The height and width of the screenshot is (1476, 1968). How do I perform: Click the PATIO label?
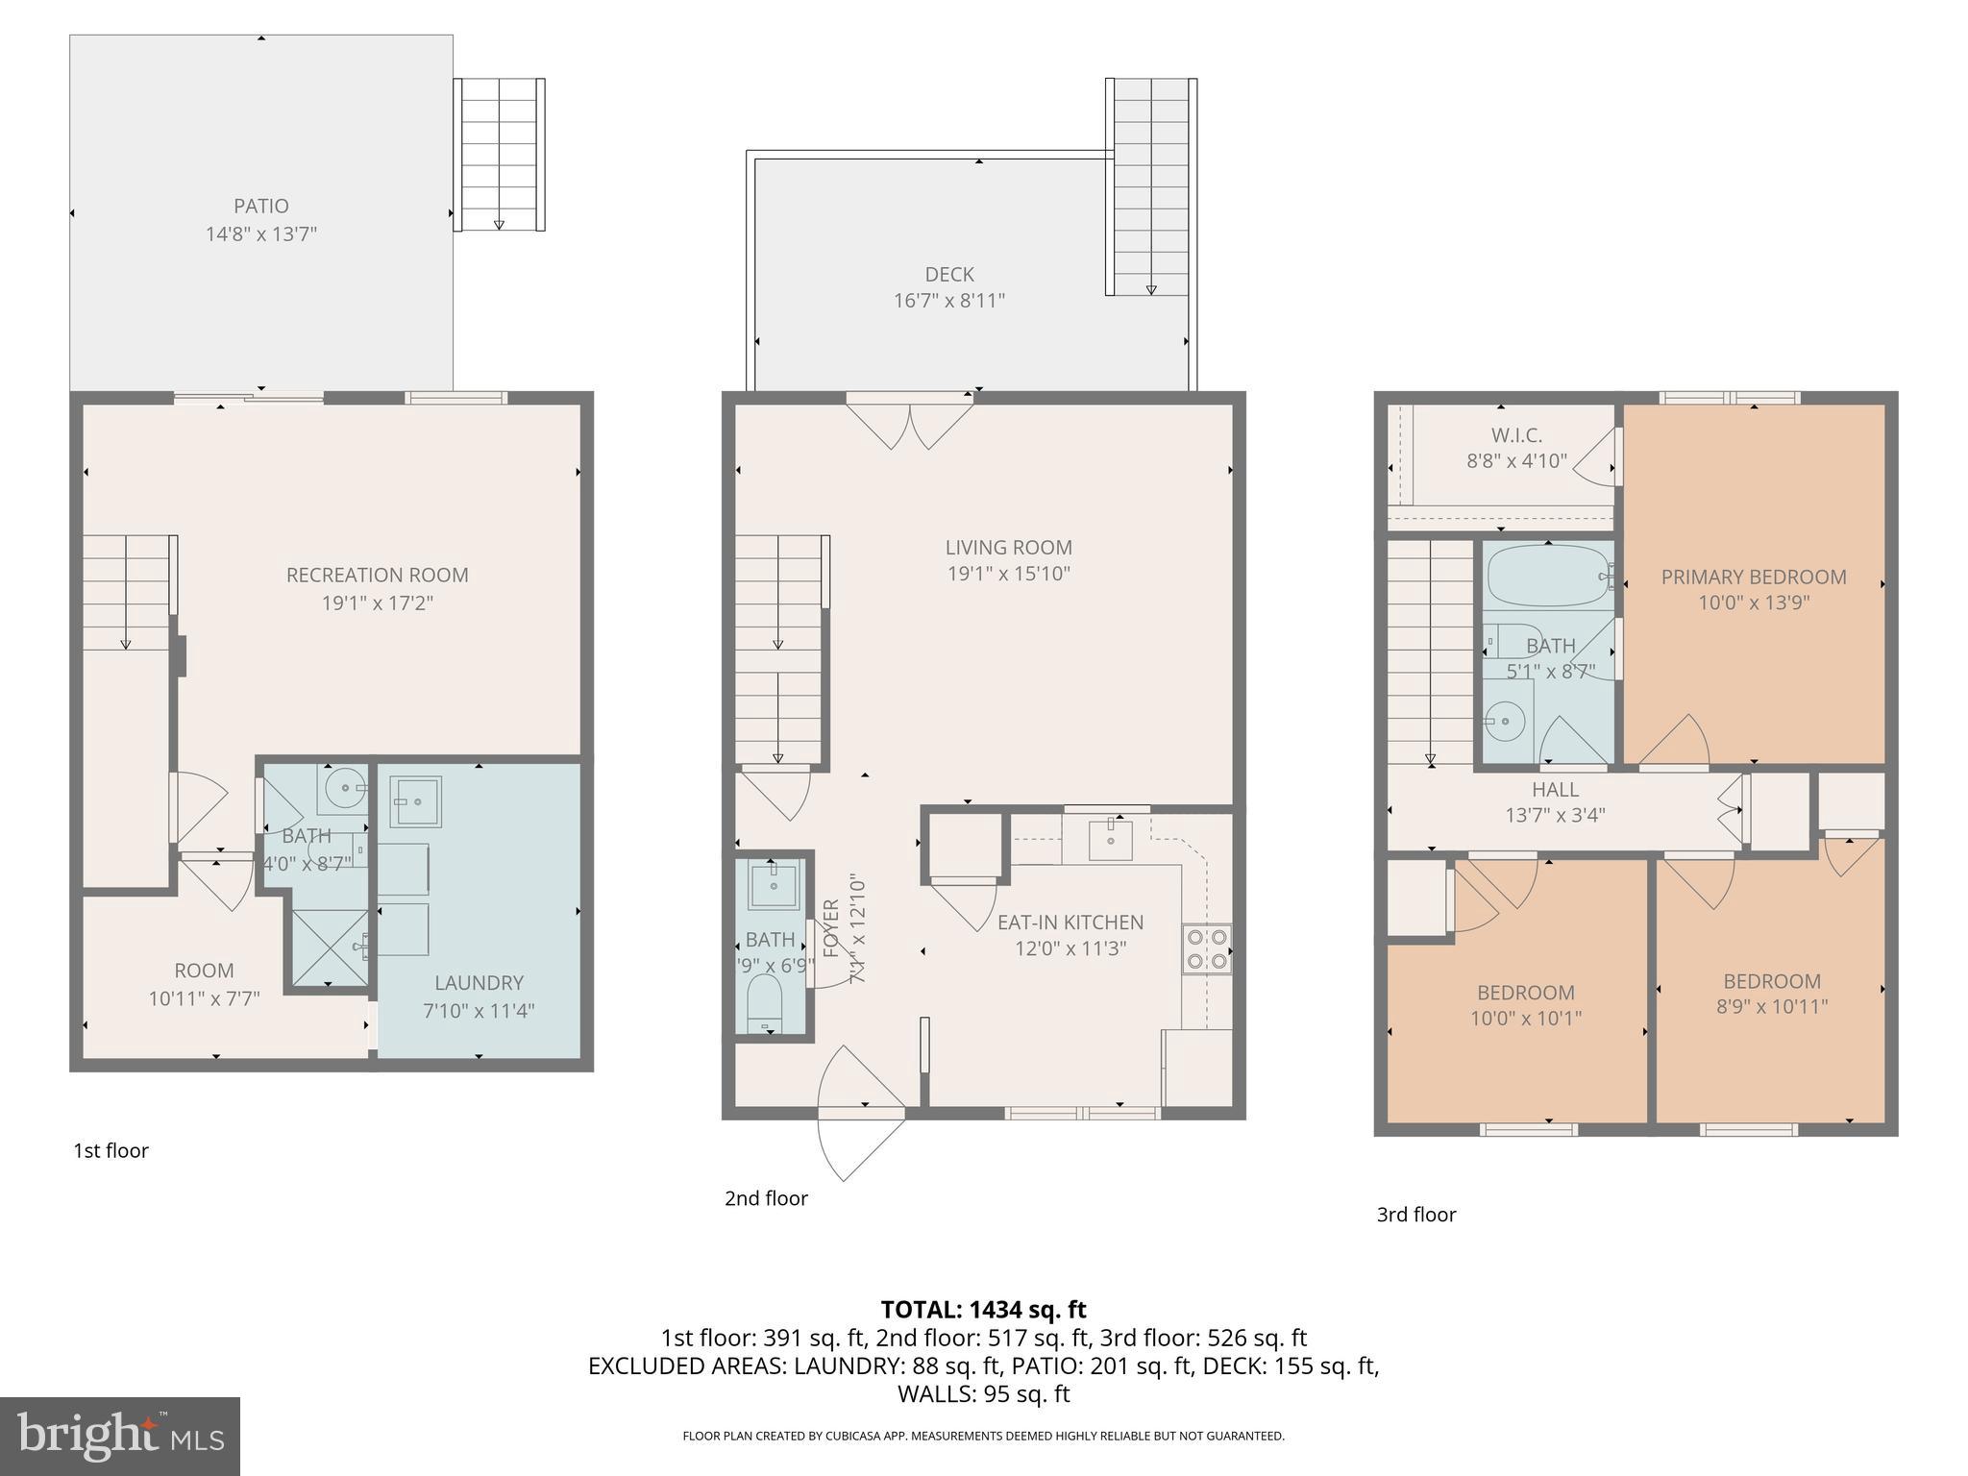(260, 206)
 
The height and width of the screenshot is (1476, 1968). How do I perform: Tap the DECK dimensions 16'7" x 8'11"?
(948, 301)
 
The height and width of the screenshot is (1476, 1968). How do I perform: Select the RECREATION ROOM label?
(377, 575)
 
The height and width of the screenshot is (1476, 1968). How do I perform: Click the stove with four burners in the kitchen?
(1207, 948)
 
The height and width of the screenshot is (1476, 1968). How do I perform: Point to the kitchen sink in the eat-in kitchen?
(1111, 840)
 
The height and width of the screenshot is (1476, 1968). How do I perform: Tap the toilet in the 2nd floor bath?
(766, 1003)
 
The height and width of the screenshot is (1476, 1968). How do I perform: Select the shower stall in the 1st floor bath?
(329, 947)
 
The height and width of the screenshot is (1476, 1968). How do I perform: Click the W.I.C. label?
(1516, 435)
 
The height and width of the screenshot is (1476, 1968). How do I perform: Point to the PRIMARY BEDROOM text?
(1753, 577)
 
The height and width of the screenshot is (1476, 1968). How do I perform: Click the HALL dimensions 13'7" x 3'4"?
(1554, 815)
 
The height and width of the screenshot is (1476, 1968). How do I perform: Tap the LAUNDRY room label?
(479, 982)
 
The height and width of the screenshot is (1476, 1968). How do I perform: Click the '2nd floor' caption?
(766, 1197)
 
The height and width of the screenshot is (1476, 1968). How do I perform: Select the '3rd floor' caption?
(1415, 1214)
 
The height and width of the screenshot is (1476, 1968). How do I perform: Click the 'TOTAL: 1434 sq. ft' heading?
(983, 1309)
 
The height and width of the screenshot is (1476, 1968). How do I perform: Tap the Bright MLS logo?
(119, 1436)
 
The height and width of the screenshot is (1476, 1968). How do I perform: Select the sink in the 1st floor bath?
(342, 789)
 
